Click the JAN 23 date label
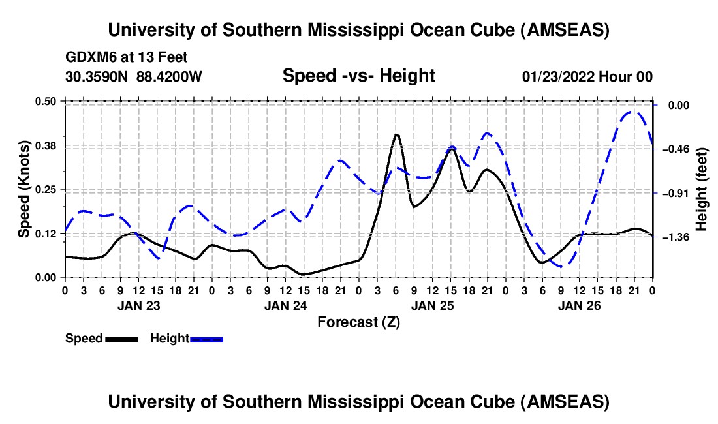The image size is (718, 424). click(138, 305)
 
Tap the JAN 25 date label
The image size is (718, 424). click(432, 305)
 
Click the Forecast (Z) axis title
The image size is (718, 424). click(358, 322)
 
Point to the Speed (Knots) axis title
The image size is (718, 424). click(23, 189)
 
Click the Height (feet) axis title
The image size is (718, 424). click(702, 189)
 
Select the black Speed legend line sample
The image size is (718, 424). click(122, 339)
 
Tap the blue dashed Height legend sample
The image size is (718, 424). click(207, 339)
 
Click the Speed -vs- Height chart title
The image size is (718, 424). click(358, 76)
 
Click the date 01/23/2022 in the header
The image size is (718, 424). click(560, 77)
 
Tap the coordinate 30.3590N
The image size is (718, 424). click(98, 77)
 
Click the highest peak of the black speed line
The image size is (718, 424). click(396, 134)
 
